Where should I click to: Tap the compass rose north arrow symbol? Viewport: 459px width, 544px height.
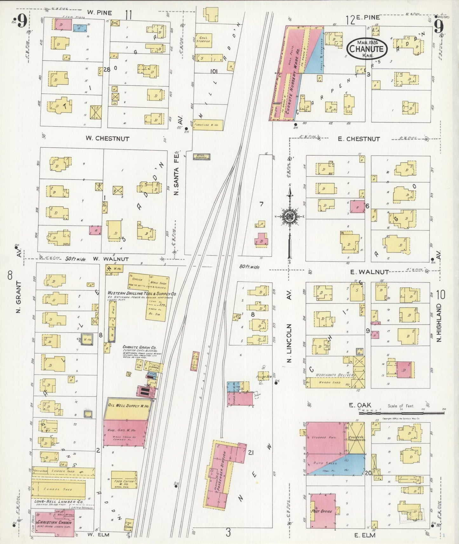click(290, 217)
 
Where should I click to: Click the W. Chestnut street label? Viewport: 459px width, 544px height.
click(107, 139)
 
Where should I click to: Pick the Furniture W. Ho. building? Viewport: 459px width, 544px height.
click(208, 125)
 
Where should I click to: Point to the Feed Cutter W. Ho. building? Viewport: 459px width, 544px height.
click(124, 483)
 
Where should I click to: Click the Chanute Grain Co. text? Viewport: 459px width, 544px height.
click(137, 347)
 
